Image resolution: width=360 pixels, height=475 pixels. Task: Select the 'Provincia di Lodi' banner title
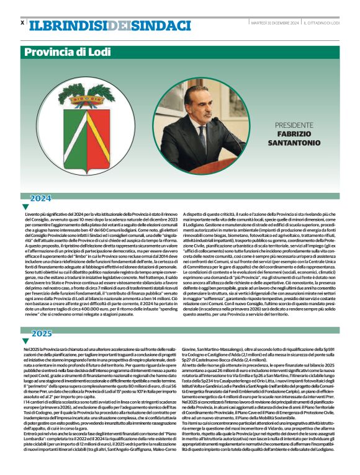(x=66, y=52)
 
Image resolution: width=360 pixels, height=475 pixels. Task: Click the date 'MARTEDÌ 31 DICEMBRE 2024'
(x=274, y=22)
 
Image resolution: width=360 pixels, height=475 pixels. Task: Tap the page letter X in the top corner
(x=22, y=22)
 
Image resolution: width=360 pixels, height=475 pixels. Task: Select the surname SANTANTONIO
(x=299, y=144)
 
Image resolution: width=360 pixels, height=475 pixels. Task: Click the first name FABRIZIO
(x=299, y=134)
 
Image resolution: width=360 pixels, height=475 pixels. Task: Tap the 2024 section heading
(x=42, y=198)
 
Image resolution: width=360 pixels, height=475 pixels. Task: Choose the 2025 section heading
(x=42, y=334)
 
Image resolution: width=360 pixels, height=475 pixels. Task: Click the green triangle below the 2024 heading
(x=25, y=206)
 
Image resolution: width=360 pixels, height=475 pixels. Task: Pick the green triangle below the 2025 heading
(x=25, y=341)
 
